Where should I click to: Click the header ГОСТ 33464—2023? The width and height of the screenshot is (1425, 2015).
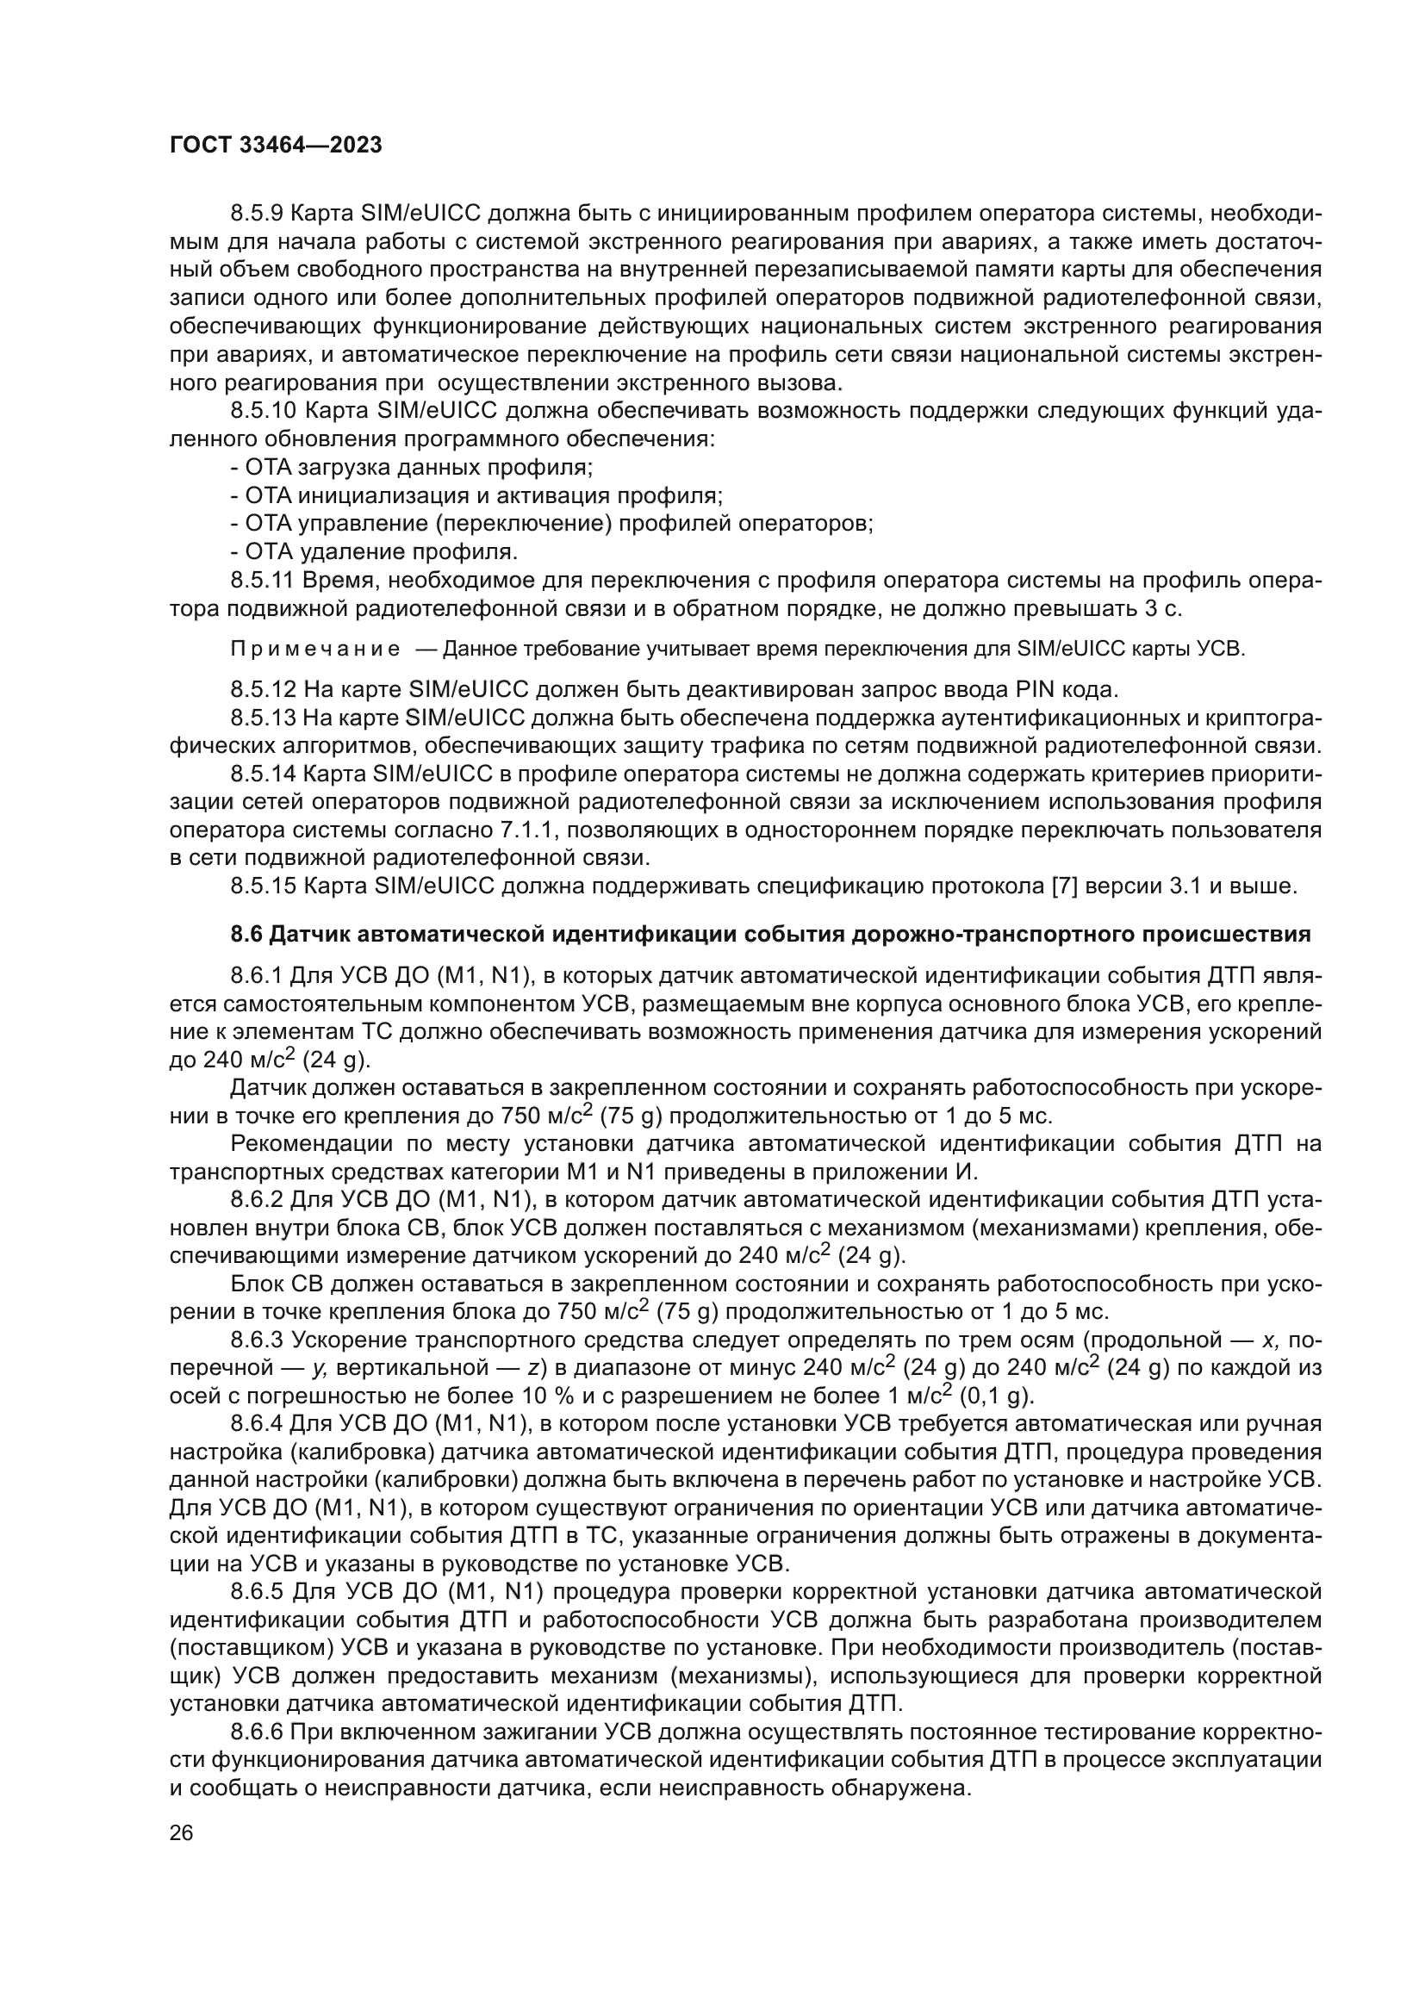[x=276, y=146]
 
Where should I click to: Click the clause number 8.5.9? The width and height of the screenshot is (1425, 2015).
[x=258, y=215]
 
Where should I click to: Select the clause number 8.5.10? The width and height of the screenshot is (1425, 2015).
[x=264, y=412]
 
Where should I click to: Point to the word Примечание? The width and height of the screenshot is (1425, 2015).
[x=315, y=650]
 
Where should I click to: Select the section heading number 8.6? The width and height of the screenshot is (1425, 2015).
[x=246, y=936]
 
